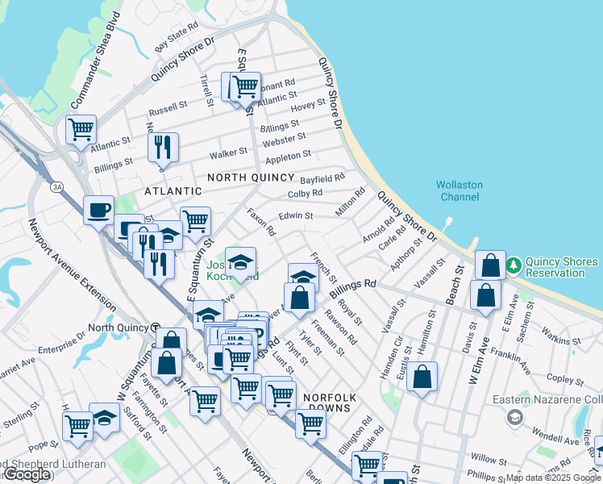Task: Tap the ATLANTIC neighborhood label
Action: pos(173,191)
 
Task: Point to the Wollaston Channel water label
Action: pos(459,191)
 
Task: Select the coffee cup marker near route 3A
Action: pos(99,211)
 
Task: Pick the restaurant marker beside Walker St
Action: pos(163,147)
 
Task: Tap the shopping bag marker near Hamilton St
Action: pos(422,376)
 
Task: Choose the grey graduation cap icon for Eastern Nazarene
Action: pos(514,417)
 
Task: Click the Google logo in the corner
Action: pos(27,475)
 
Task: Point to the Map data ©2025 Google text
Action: pos(553,478)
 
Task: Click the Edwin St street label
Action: pos(295,215)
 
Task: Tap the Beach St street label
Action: pos(458,279)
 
